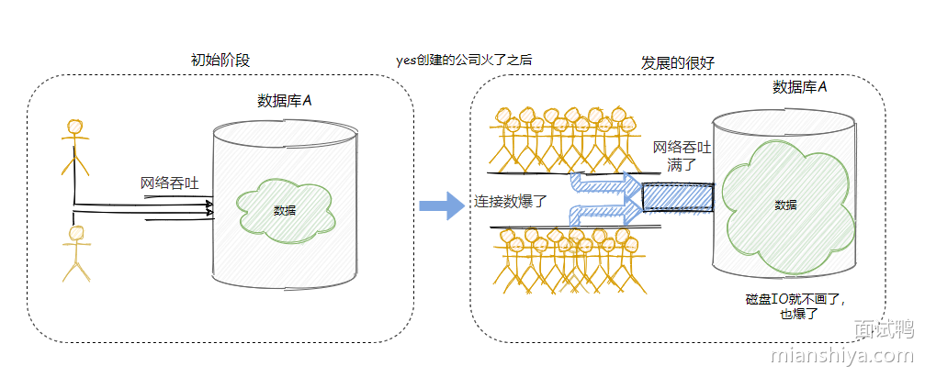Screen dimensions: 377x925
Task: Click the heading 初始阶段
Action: (220, 61)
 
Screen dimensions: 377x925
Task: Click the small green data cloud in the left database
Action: (285, 210)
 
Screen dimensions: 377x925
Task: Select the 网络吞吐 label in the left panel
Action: (170, 183)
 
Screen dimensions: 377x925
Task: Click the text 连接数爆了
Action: (511, 201)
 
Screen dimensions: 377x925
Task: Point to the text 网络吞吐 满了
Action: (681, 156)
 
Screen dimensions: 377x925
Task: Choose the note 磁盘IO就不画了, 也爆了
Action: (795, 306)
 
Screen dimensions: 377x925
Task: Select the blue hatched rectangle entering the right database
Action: (677, 196)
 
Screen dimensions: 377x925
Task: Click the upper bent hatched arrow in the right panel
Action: (602, 184)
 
